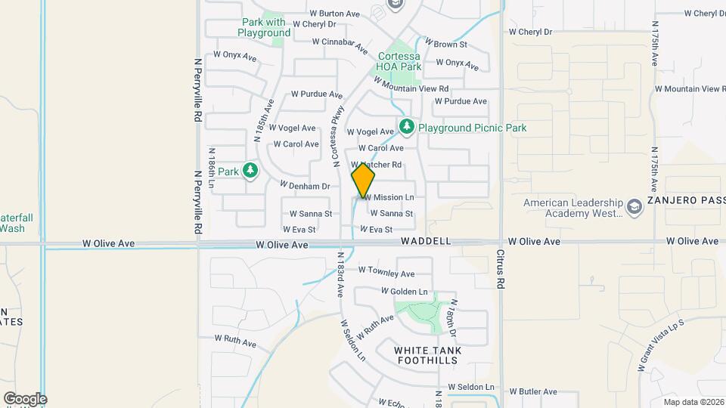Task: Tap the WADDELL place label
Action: point(426,241)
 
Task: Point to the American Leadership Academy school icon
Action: point(634,207)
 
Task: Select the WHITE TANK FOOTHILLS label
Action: point(428,355)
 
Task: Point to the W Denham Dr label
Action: point(306,186)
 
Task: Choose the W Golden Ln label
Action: point(404,292)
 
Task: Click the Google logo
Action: point(25,399)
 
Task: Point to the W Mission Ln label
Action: point(390,197)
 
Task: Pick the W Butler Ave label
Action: point(533,392)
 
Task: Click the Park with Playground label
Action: point(264,27)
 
